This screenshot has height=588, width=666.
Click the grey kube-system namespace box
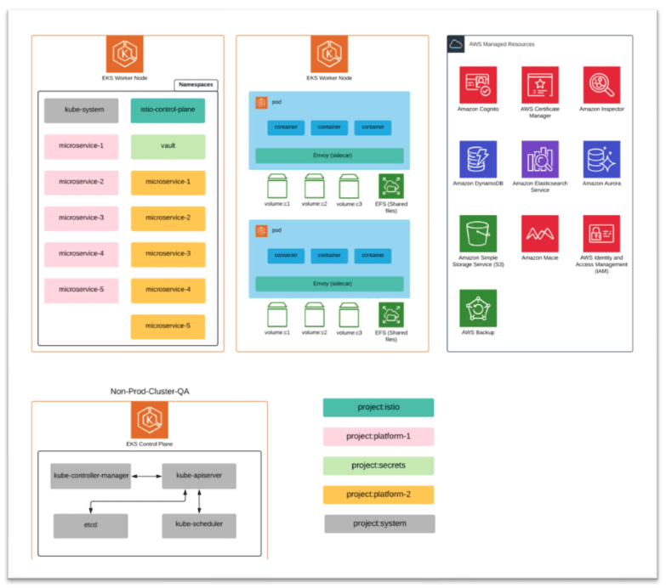tap(82, 110)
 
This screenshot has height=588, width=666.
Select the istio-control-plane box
tap(168, 110)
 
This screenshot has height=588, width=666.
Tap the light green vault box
tap(168, 146)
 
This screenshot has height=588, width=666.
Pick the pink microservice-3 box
tap(82, 218)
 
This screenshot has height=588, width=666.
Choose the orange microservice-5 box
tap(168, 326)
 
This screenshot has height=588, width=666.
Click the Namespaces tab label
tap(196, 85)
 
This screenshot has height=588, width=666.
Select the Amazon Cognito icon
tap(478, 85)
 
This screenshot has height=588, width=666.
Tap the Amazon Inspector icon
tap(601, 85)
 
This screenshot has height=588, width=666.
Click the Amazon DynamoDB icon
tap(478, 159)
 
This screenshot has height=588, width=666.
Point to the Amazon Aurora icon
tap(601, 159)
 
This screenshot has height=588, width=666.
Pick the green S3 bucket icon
tap(478, 233)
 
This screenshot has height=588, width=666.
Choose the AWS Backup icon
tap(478, 308)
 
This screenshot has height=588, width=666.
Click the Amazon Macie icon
tap(540, 233)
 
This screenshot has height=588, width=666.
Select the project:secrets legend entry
tap(379, 466)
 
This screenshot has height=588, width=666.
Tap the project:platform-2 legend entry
tap(379, 495)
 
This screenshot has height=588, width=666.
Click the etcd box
tap(89, 525)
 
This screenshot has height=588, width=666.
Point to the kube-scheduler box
tap(199, 525)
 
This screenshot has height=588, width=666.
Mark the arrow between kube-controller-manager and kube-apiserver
tap(146, 476)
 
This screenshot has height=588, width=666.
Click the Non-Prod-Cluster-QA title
tap(150, 391)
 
